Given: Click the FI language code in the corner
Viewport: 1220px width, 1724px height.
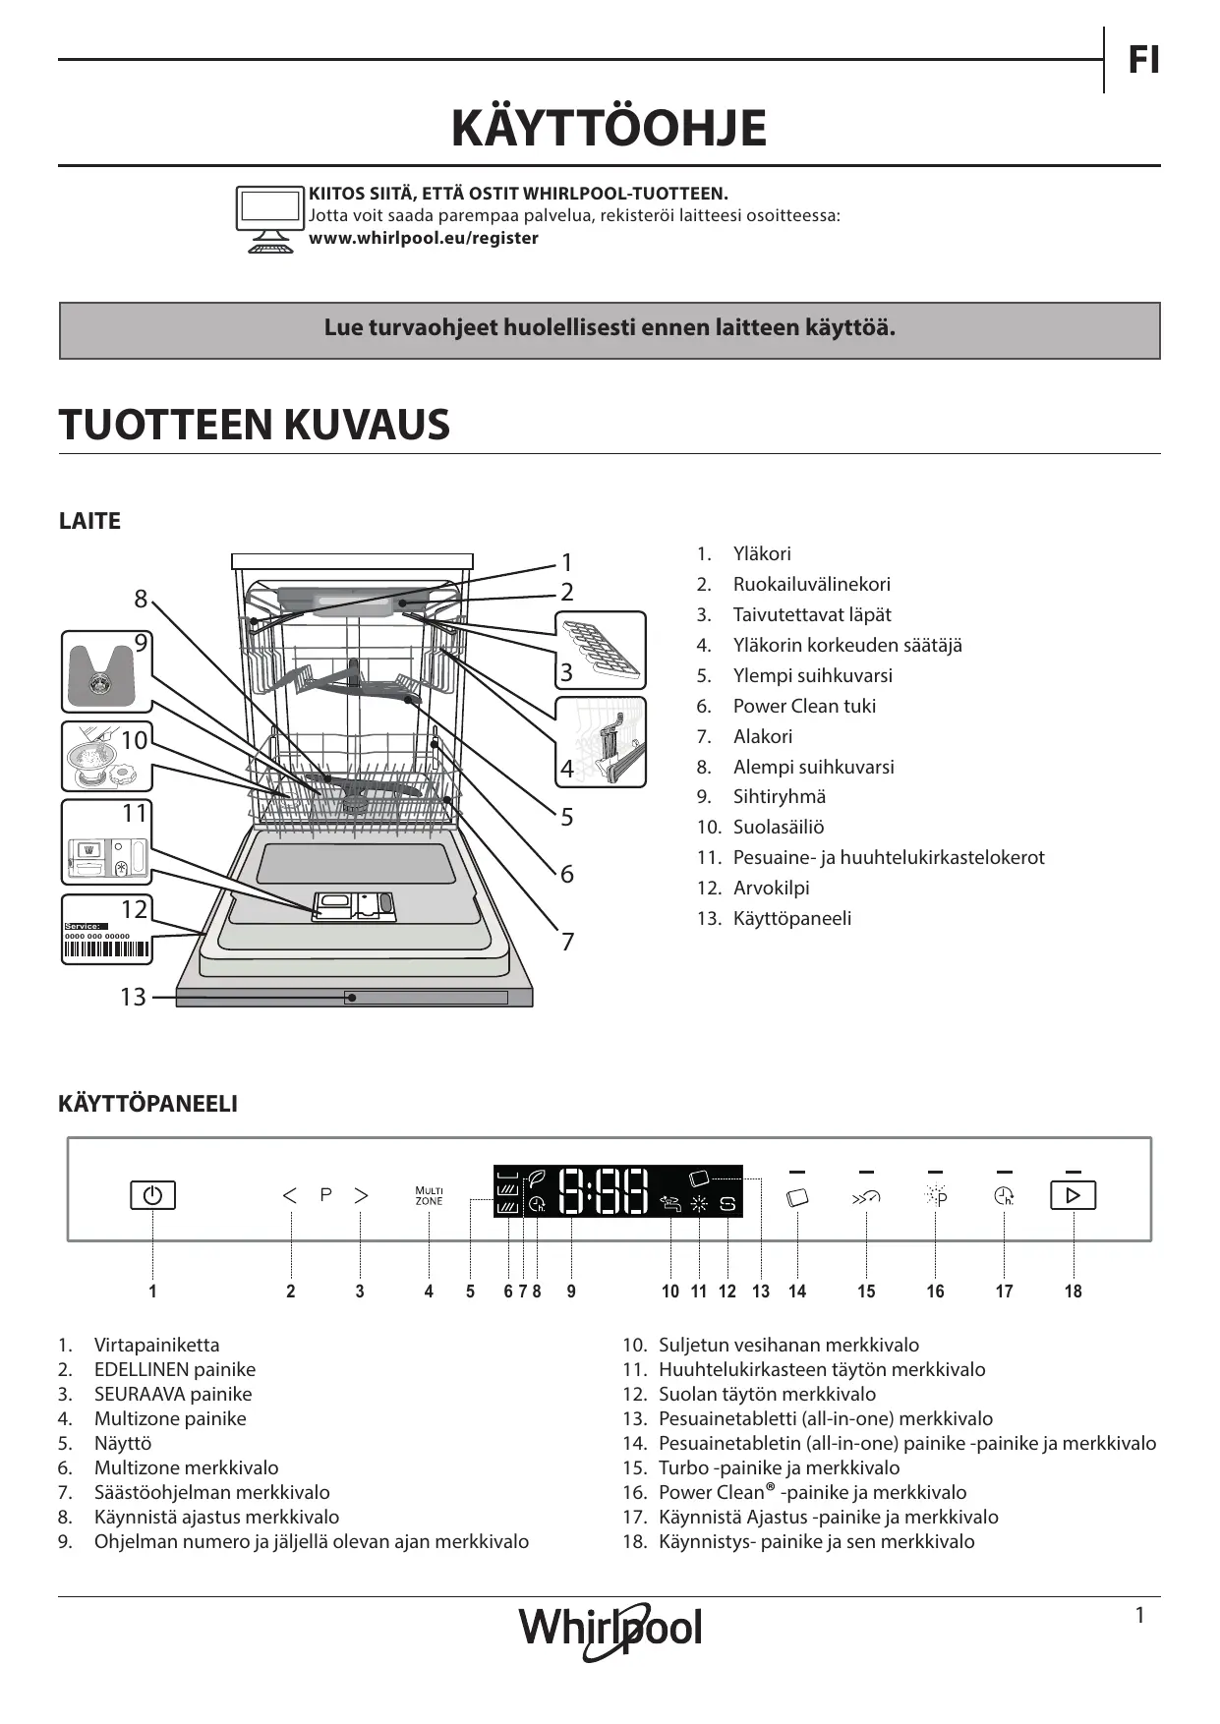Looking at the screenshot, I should [1143, 60].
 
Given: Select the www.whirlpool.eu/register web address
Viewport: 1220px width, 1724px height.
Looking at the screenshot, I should [424, 238].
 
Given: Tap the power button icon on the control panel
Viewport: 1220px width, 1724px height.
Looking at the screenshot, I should [152, 1195].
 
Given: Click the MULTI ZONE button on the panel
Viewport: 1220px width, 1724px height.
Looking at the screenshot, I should [429, 1195].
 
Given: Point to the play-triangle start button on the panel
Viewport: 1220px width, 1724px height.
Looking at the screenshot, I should [1073, 1195].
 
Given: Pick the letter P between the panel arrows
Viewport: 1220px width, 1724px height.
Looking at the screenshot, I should [325, 1194].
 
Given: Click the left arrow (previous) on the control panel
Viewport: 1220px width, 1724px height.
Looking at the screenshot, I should [289, 1195].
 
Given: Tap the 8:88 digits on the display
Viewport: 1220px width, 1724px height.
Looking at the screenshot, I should [603, 1191].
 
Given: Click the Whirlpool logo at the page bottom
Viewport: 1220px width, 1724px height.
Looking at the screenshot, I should [610, 1629].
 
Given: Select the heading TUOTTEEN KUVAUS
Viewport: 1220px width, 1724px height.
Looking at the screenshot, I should [254, 425].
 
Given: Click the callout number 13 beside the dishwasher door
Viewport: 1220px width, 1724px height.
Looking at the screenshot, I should [133, 997].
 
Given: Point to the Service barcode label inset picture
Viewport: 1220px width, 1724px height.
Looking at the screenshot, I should [107, 930].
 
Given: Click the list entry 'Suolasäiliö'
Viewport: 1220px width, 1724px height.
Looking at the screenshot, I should [778, 827].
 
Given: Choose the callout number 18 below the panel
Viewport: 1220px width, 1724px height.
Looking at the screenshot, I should [1073, 1292].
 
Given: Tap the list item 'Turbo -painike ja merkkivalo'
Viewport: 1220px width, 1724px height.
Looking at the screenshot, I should [779, 1467].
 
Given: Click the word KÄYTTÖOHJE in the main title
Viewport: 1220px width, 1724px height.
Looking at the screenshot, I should [609, 128].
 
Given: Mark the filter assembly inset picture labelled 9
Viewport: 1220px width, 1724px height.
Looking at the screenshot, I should [106, 671].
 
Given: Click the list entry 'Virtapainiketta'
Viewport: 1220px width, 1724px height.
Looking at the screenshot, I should [156, 1345].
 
